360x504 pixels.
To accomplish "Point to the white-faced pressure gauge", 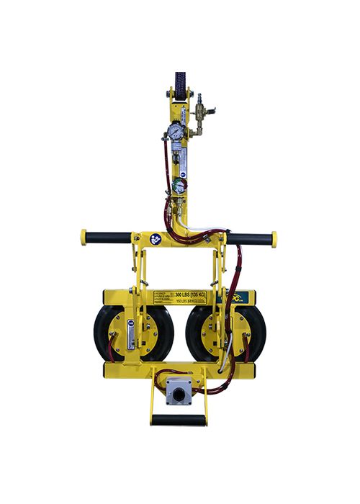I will point(174,132).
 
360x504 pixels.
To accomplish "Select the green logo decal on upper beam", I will point(237,297).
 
